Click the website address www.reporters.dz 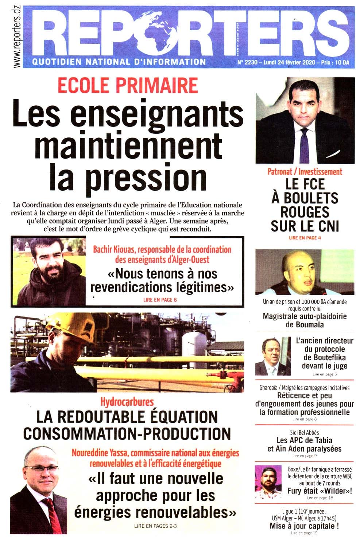click(x=16, y=36)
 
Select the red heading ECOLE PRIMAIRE click(x=128, y=86)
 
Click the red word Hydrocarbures click(x=127, y=402)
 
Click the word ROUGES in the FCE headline click(x=305, y=212)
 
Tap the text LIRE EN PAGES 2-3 click(x=155, y=526)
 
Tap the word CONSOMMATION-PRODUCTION click(x=127, y=433)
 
